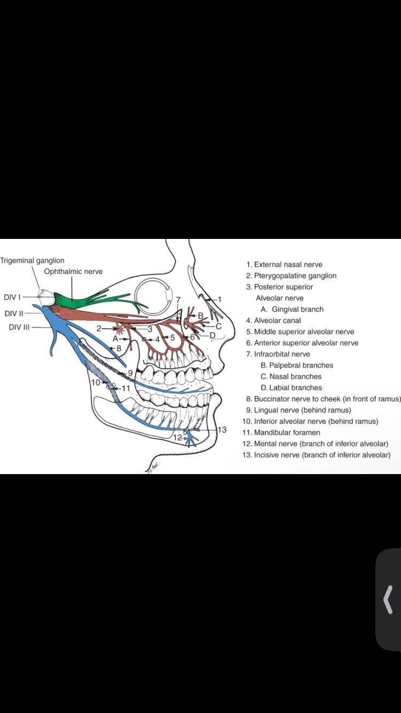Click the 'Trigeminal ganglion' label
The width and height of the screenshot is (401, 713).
pyautogui.click(x=32, y=260)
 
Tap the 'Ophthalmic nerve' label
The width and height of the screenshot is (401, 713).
pyautogui.click(x=73, y=272)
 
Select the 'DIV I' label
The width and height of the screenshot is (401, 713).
pyautogui.click(x=12, y=297)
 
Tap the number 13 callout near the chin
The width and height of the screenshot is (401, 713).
pyautogui.click(x=222, y=429)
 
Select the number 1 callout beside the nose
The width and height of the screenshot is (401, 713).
pyautogui.click(x=218, y=298)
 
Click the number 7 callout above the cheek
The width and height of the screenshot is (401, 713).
pyautogui.click(x=179, y=298)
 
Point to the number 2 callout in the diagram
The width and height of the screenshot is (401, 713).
pyautogui.click(x=99, y=328)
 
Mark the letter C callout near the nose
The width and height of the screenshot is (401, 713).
pyautogui.click(x=219, y=324)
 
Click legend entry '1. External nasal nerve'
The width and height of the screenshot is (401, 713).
pyautogui.click(x=284, y=265)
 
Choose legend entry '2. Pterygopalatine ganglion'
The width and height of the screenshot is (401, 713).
pyautogui.click(x=291, y=276)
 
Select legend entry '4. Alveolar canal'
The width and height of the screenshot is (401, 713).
pyautogui.click(x=273, y=321)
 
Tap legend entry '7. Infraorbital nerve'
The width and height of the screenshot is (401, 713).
pyautogui.click(x=278, y=354)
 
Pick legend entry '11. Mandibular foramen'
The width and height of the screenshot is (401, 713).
pyautogui.click(x=281, y=432)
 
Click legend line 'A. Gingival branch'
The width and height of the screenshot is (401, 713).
pyautogui.click(x=292, y=309)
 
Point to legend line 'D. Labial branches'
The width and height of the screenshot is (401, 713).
pyautogui.click(x=291, y=388)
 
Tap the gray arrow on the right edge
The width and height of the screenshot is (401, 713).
pyautogui.click(x=389, y=599)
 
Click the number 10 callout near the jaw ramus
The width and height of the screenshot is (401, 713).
pyautogui.click(x=96, y=383)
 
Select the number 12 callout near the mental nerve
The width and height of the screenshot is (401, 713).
pyautogui.click(x=178, y=437)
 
